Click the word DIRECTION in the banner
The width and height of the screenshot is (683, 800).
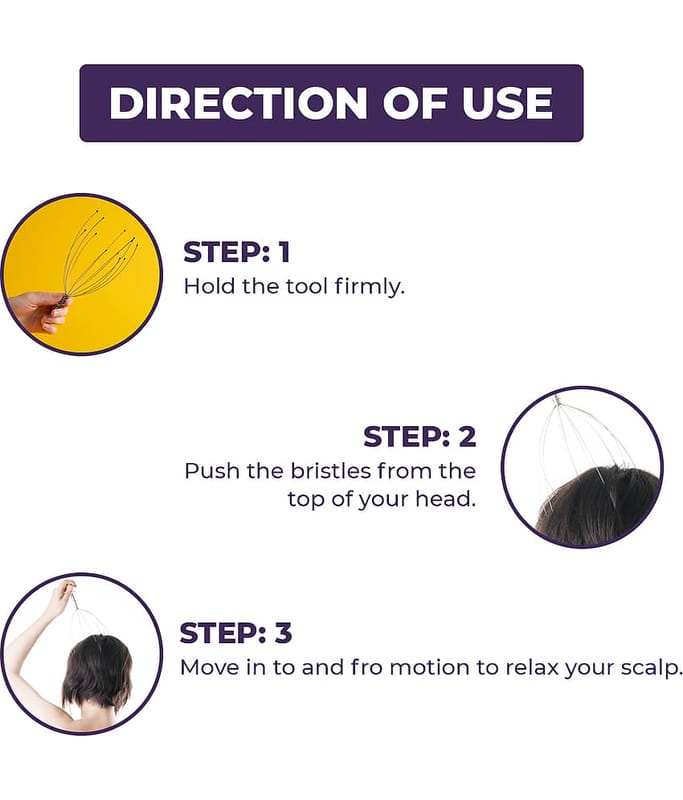click(x=239, y=103)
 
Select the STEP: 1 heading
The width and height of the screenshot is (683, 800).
click(x=237, y=252)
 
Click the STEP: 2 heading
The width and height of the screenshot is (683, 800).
click(x=420, y=437)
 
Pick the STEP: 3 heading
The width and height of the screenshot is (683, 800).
click(x=236, y=633)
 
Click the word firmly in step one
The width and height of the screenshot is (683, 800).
click(x=369, y=287)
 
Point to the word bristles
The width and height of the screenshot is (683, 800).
click(x=331, y=471)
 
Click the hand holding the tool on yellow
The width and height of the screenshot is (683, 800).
click(x=40, y=311)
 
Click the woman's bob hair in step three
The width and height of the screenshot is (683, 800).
click(x=97, y=671)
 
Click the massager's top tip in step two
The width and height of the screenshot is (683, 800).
click(x=557, y=398)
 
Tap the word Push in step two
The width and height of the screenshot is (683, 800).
click(x=211, y=471)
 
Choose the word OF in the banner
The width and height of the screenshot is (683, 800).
click(x=415, y=103)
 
